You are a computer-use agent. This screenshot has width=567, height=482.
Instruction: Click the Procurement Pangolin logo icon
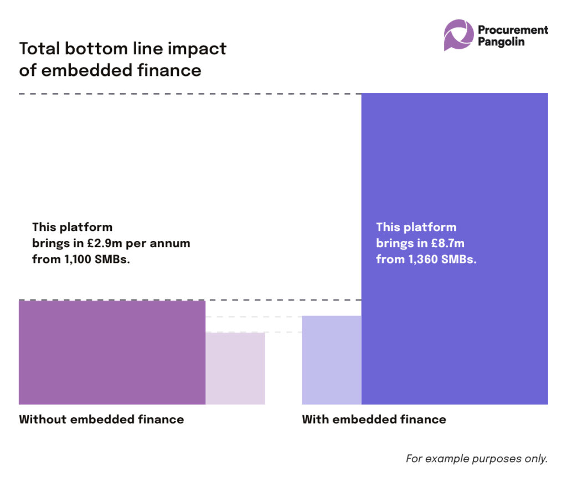pyautogui.click(x=458, y=35)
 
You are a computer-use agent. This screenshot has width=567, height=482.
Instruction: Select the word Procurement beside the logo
pyautogui.click(x=513, y=29)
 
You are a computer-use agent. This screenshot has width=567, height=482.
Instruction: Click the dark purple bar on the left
pyautogui.click(x=112, y=352)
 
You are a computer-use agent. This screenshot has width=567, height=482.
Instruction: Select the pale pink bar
pyautogui.click(x=235, y=368)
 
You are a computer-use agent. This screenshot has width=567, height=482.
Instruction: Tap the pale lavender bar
pyautogui.click(x=331, y=360)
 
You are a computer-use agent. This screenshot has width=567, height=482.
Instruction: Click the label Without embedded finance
pyautogui.click(x=101, y=419)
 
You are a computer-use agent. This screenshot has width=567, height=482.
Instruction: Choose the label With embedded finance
pyautogui.click(x=374, y=419)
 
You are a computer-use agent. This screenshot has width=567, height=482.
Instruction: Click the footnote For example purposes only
pyautogui.click(x=477, y=459)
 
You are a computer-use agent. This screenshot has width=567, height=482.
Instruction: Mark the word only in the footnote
pyautogui.click(x=536, y=459)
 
